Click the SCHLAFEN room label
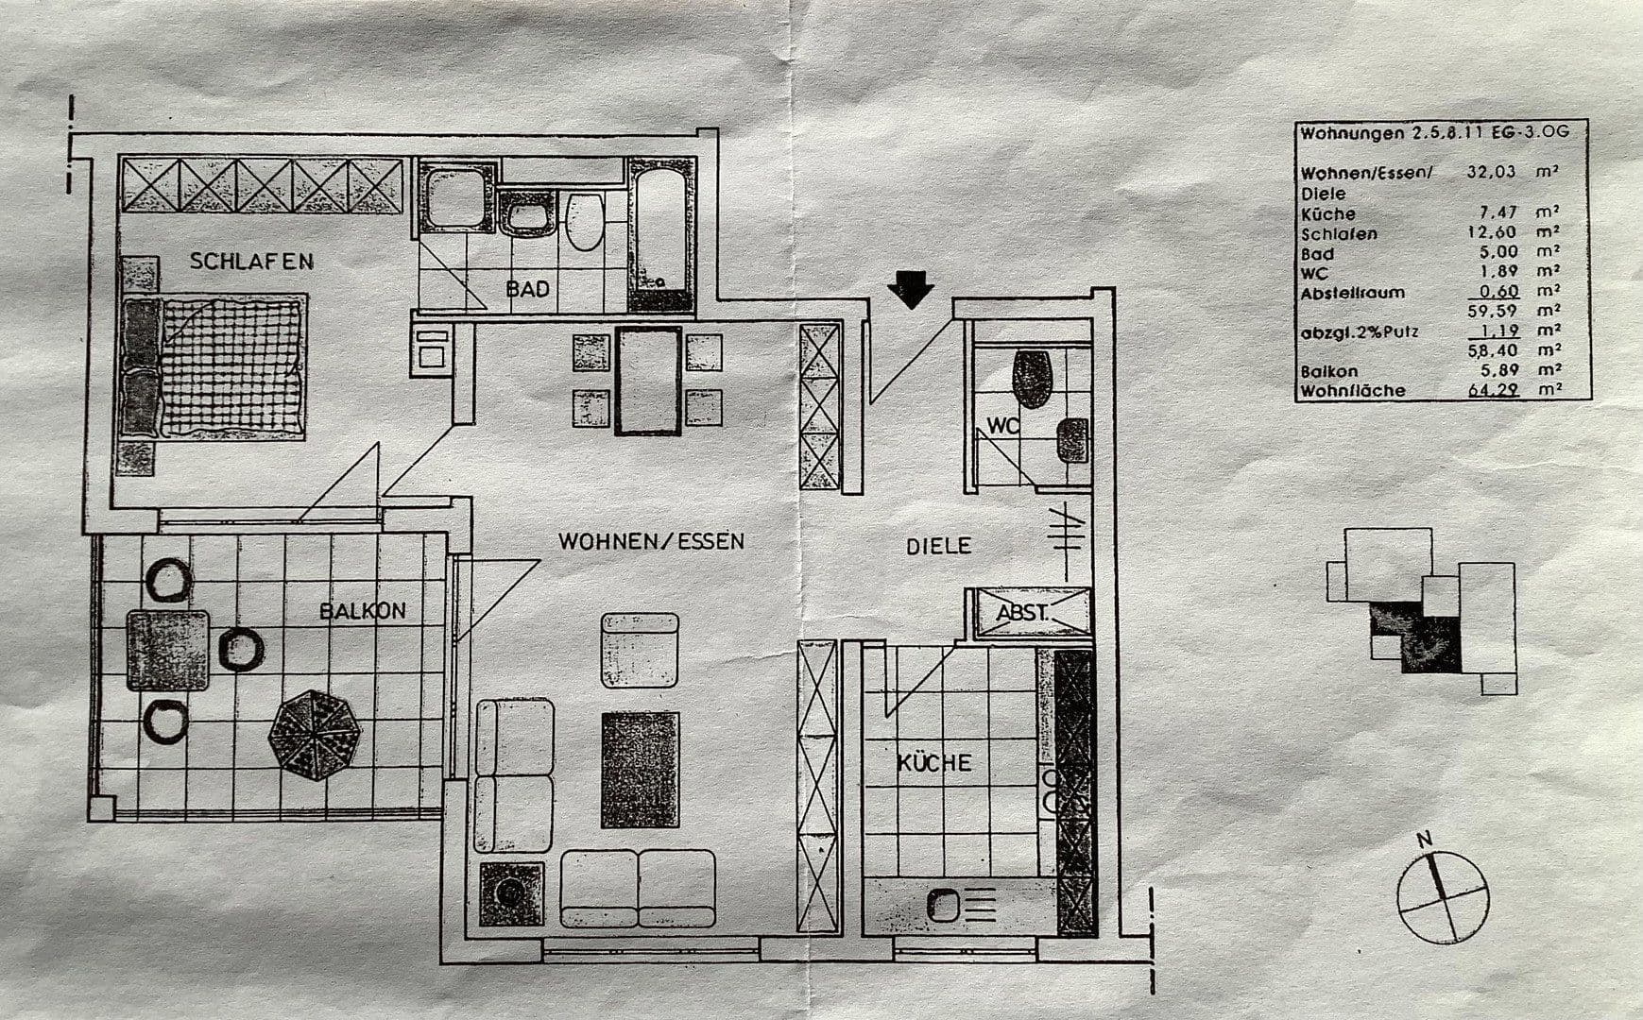coord(251,261)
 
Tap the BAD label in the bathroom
coord(527,289)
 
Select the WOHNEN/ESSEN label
coord(651,541)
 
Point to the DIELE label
coord(938,545)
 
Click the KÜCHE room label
coord(934,762)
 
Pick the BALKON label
coord(363,610)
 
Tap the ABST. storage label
coord(1022,612)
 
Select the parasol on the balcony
coord(315,734)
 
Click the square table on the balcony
coord(168,651)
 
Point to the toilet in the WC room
coord(1032,379)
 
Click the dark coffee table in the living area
coord(640,770)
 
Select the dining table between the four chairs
coord(648,381)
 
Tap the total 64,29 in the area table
coord(1494,389)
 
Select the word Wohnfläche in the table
coord(1353,390)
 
